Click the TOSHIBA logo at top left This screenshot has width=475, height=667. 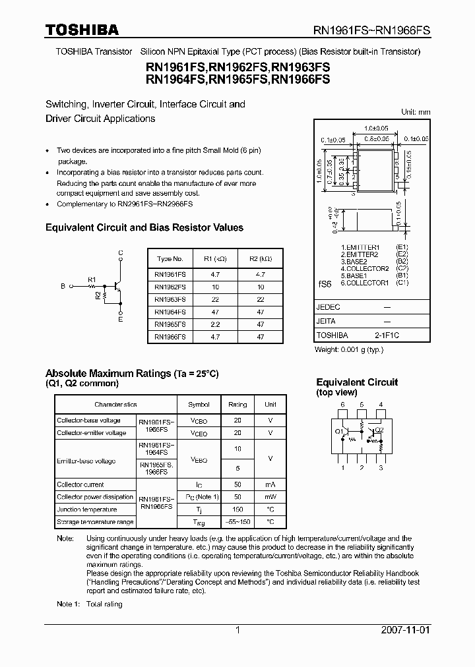coord(81,30)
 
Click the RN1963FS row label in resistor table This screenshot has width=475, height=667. coord(170,299)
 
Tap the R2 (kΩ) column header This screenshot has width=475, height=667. coord(261,259)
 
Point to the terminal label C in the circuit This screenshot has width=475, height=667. coord(120,253)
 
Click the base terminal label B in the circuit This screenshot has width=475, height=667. coord(63,287)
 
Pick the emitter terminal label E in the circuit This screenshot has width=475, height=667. coord(120,320)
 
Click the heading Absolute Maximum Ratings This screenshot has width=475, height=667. coord(108,373)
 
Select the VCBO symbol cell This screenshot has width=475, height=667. coord(199,420)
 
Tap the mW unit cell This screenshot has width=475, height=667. coord(270,497)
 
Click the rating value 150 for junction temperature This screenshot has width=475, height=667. coord(237,509)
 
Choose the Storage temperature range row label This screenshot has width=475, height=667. coord(95,522)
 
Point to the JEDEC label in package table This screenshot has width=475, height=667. coord(329,307)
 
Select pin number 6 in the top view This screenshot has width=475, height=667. coord(342,404)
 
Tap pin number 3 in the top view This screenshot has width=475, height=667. coord(381,468)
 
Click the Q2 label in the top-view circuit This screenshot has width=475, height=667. coord(379,430)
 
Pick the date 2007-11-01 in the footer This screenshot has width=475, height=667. coord(405,630)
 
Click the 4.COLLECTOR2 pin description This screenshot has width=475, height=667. coord(365,269)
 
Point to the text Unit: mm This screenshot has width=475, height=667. coord(416,112)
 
